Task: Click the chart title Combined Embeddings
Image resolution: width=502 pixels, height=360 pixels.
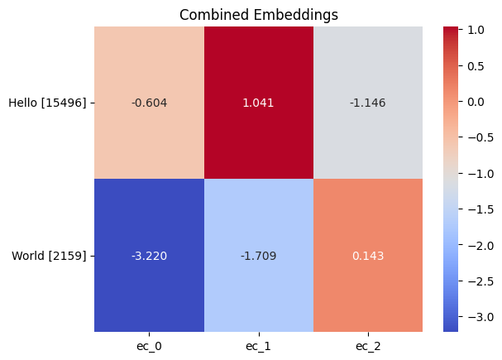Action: pyautogui.click(x=258, y=14)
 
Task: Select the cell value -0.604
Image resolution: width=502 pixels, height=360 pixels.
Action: pyautogui.click(x=149, y=103)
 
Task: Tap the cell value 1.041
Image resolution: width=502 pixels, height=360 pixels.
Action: pyautogui.click(x=258, y=103)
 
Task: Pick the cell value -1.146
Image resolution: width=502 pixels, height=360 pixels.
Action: pyautogui.click(x=368, y=103)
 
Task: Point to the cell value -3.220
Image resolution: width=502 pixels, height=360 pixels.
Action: pyautogui.click(x=149, y=256)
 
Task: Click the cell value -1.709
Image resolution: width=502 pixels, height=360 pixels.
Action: pyautogui.click(x=258, y=256)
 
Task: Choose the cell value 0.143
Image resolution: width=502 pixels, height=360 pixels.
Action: pyautogui.click(x=368, y=256)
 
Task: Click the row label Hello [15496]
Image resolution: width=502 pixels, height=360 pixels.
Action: pyautogui.click(x=47, y=103)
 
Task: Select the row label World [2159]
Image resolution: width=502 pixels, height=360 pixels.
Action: pyautogui.click(x=50, y=256)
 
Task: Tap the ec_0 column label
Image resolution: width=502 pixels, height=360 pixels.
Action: pyautogui.click(x=149, y=345)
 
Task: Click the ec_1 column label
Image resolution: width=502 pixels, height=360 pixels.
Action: pyautogui.click(x=258, y=345)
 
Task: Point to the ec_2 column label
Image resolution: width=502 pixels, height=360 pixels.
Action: pyautogui.click(x=368, y=345)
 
